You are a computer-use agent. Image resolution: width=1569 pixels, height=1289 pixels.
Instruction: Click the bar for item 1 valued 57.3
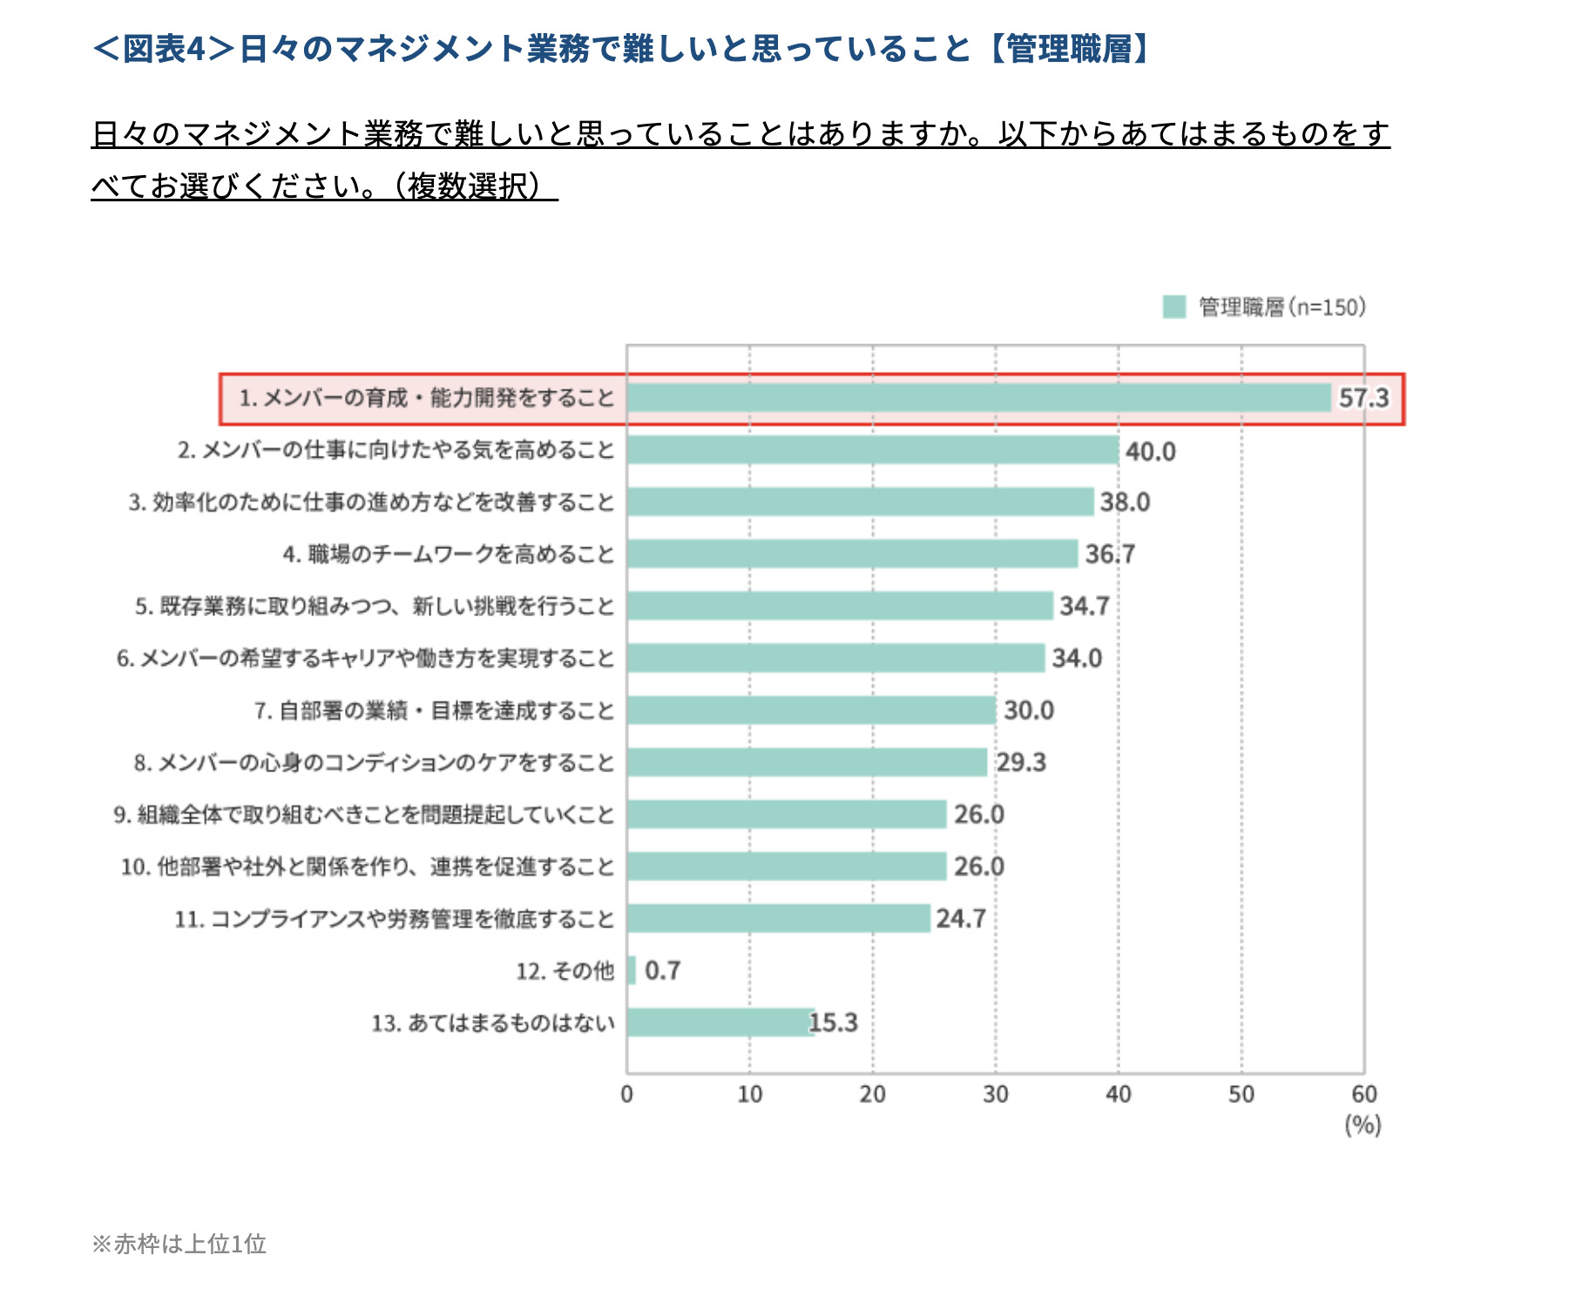click(x=978, y=397)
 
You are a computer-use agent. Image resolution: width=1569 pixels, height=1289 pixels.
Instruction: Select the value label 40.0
click(x=1150, y=451)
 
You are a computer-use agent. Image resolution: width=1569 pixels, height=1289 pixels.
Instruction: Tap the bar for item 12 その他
click(x=632, y=970)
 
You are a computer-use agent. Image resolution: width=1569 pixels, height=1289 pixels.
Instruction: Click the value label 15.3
click(x=834, y=1022)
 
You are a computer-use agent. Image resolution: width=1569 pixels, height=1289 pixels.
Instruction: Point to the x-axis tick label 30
click(x=995, y=1095)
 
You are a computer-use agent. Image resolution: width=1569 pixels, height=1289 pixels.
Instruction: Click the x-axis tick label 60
click(x=1363, y=1095)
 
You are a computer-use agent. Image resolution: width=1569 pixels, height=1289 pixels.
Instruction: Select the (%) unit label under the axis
click(x=1363, y=1125)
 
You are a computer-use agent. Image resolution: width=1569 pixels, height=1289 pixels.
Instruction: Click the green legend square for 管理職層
click(x=1173, y=307)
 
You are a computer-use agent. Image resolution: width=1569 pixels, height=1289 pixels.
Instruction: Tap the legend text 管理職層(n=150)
click(x=1282, y=307)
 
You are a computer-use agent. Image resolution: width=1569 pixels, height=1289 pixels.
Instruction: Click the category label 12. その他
click(x=565, y=971)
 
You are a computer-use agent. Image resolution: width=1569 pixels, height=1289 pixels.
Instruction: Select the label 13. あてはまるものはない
click(x=493, y=1022)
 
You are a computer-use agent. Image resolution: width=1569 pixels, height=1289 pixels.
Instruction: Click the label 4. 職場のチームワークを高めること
click(x=448, y=554)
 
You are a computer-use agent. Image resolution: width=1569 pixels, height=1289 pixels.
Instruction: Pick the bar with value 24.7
click(x=778, y=918)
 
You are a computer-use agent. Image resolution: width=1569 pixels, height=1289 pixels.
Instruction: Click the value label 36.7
click(x=1109, y=554)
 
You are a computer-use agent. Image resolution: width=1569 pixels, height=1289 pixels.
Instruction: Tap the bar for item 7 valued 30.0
click(x=811, y=710)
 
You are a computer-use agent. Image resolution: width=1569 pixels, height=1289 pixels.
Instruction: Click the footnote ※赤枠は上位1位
click(x=179, y=1244)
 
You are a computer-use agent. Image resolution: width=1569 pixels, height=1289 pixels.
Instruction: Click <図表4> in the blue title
click(x=164, y=49)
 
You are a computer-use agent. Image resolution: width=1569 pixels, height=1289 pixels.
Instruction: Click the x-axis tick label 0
click(x=626, y=1095)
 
